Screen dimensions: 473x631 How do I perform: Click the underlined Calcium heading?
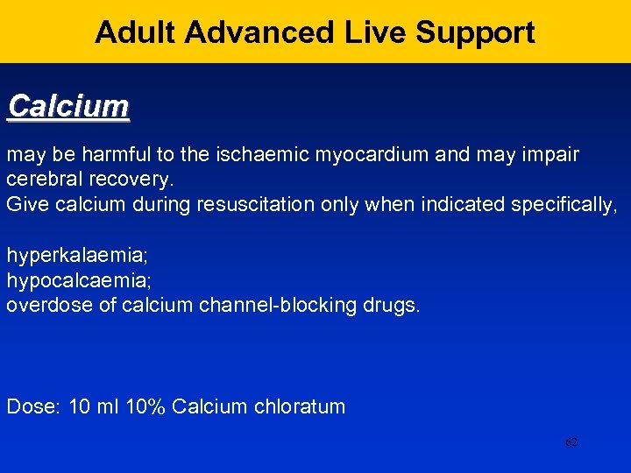(68, 107)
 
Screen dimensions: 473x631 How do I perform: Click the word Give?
(25, 204)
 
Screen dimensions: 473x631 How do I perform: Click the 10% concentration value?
(145, 407)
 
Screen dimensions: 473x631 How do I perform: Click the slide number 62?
(571, 442)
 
